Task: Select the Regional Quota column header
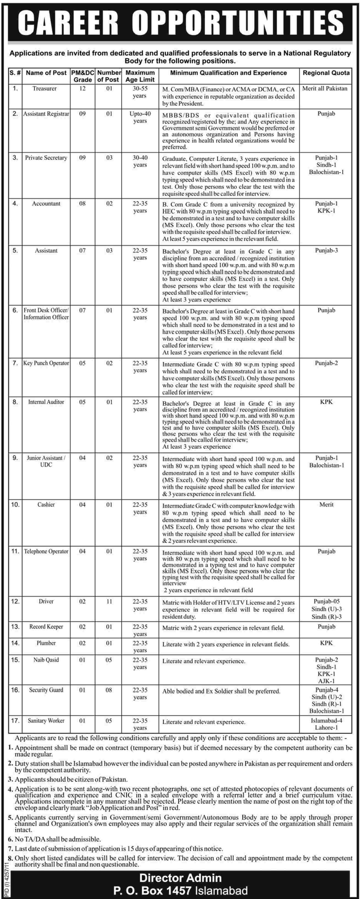click(x=326, y=73)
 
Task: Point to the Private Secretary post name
click(x=46, y=158)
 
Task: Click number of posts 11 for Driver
click(x=109, y=602)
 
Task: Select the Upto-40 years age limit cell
click(x=140, y=117)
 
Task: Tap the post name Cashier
click(x=46, y=505)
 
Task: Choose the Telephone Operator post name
click(x=46, y=551)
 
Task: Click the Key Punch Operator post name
click(x=46, y=363)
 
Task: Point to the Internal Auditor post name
click(x=46, y=402)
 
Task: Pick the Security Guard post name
click(x=46, y=690)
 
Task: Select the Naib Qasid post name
click(x=46, y=660)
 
